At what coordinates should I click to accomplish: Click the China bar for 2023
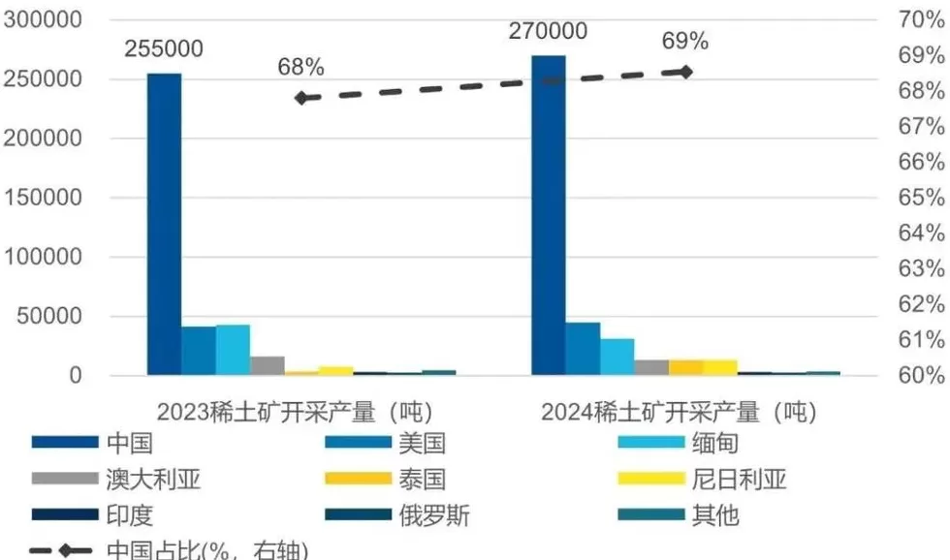(164, 223)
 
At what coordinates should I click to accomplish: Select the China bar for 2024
(548, 215)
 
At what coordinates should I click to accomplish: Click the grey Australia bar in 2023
(268, 365)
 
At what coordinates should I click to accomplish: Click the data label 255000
(163, 48)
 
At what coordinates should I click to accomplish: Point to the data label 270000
(548, 31)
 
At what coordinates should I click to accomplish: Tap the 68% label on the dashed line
(301, 67)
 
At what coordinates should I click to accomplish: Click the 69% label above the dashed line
(685, 41)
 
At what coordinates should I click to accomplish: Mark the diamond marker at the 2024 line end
(686, 72)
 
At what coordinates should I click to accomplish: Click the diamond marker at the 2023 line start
(301, 98)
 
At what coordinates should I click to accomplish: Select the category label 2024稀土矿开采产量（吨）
(679, 412)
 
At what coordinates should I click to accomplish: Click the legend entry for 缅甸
(717, 444)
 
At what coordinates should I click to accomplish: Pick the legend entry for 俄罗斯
(433, 515)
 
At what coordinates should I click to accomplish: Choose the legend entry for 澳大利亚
(153, 480)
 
